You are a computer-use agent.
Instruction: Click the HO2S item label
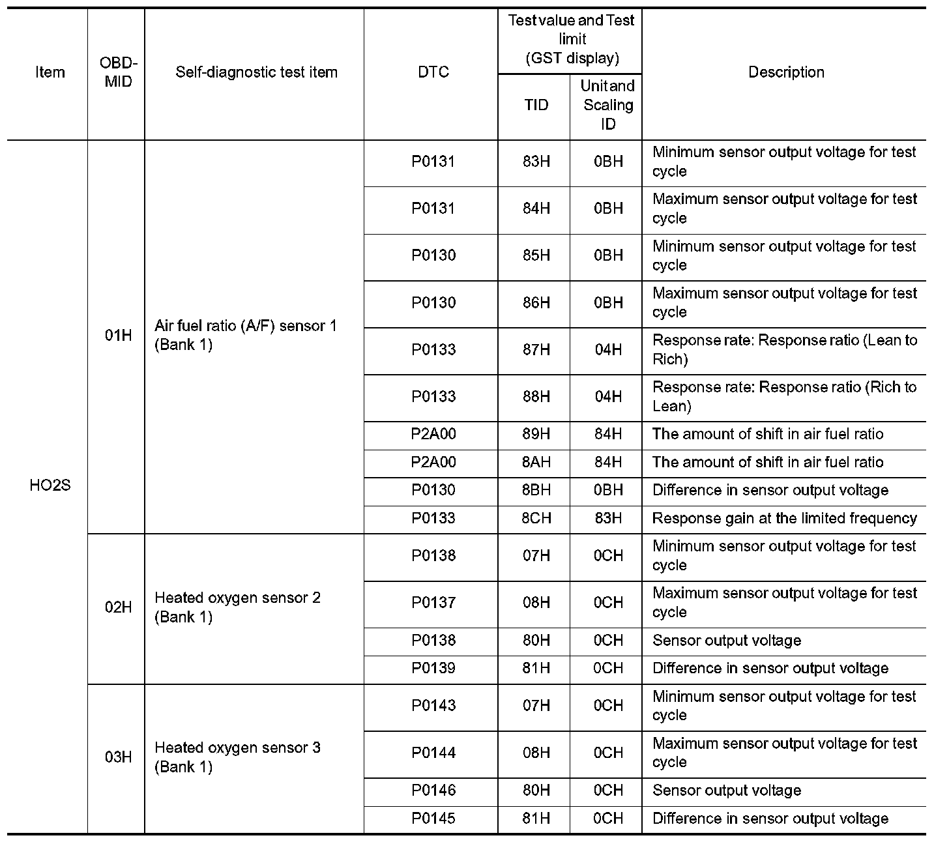point(50,486)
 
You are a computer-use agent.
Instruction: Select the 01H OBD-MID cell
point(118,336)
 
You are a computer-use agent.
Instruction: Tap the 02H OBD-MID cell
point(118,607)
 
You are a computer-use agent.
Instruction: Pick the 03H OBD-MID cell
point(118,757)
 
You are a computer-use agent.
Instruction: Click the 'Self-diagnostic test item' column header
point(256,72)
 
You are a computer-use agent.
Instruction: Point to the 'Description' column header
point(785,72)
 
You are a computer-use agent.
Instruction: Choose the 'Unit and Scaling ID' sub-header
point(607,104)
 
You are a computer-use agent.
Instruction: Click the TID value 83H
point(536,162)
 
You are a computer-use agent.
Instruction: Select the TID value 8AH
point(536,462)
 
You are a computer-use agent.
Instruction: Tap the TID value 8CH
point(536,518)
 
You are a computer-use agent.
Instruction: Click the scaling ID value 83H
point(607,518)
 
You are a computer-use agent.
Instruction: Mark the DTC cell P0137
point(433,603)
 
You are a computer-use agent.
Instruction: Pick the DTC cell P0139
point(433,668)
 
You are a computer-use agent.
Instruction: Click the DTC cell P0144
point(433,753)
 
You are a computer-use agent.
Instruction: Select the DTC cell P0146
point(433,791)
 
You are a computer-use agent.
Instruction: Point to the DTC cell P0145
point(433,819)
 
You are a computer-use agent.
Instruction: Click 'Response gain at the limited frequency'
point(784,518)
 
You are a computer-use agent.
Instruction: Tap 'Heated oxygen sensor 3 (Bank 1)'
point(237,757)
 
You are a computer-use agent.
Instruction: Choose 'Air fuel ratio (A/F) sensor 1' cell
point(245,335)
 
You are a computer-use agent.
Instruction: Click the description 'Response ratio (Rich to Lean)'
point(784,396)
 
